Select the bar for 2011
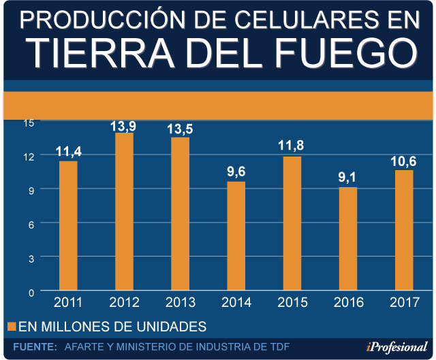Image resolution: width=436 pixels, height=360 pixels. click(x=68, y=226)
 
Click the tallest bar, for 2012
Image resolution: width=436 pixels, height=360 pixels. click(x=124, y=212)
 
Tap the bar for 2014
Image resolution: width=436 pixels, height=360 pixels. click(x=236, y=236)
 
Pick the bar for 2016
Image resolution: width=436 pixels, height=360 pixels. click(x=347, y=239)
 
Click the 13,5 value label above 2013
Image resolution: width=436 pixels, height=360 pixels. click(x=180, y=129)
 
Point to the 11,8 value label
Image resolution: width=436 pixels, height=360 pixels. click(x=292, y=146)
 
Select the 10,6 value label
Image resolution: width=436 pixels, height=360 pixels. click(x=403, y=160)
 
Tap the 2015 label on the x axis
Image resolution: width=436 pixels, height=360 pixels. click(x=292, y=301)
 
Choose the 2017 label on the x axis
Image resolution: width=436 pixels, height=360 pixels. click(x=403, y=301)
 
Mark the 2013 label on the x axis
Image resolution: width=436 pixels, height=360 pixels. click(x=180, y=301)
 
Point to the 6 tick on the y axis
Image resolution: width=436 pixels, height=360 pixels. click(x=29, y=223)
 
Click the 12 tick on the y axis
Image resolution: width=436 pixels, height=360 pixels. click(x=27, y=156)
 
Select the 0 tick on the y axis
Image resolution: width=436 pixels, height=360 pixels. click(x=29, y=291)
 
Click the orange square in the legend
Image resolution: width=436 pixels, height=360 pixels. click(x=10, y=325)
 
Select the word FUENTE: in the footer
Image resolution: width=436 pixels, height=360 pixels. click(x=35, y=347)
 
